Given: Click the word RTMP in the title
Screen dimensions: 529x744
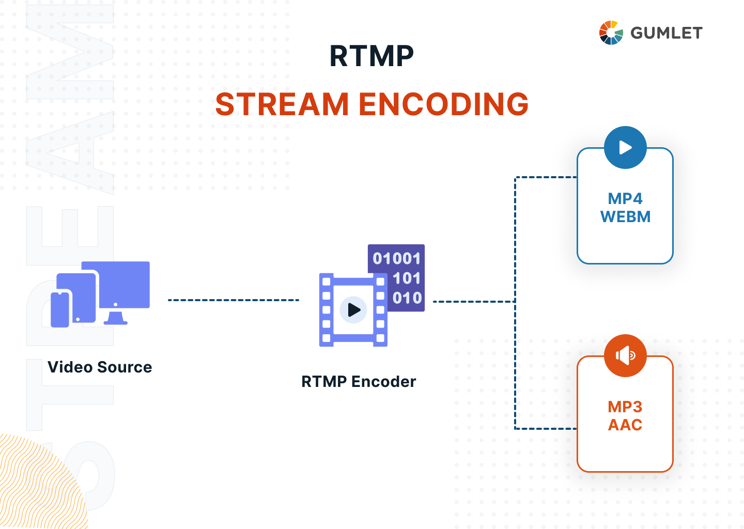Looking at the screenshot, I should coord(371,56).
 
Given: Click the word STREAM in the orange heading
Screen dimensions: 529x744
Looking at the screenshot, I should coord(282,104).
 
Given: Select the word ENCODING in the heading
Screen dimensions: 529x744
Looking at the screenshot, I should coord(443,104).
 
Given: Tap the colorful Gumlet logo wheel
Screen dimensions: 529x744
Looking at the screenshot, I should coord(611,33).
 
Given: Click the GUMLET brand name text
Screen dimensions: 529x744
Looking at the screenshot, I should coord(667,33).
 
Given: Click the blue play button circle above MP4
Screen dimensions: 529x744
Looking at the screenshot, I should coord(625,148).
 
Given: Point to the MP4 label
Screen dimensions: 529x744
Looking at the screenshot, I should coord(625,198).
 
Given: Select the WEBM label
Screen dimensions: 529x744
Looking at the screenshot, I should coord(625,216).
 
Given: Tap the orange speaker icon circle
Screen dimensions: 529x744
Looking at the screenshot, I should coord(625,355).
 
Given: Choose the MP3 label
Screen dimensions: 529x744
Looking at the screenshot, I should coord(625,407).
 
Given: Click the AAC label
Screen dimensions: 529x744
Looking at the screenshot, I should coord(625,425).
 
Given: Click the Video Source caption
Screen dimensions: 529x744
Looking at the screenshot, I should coord(100,367).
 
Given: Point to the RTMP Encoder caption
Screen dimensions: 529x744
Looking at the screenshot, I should coord(359,381).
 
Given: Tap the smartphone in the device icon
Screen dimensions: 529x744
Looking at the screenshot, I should coord(60,310).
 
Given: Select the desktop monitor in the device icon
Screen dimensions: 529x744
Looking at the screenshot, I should coord(124,287).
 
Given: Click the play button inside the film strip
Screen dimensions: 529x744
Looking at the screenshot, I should coord(353,310).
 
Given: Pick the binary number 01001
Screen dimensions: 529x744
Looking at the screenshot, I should coord(396,258).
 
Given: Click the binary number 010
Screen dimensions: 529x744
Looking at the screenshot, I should coord(407,298).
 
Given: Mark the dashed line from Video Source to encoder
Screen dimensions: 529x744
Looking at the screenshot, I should coord(234,300).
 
